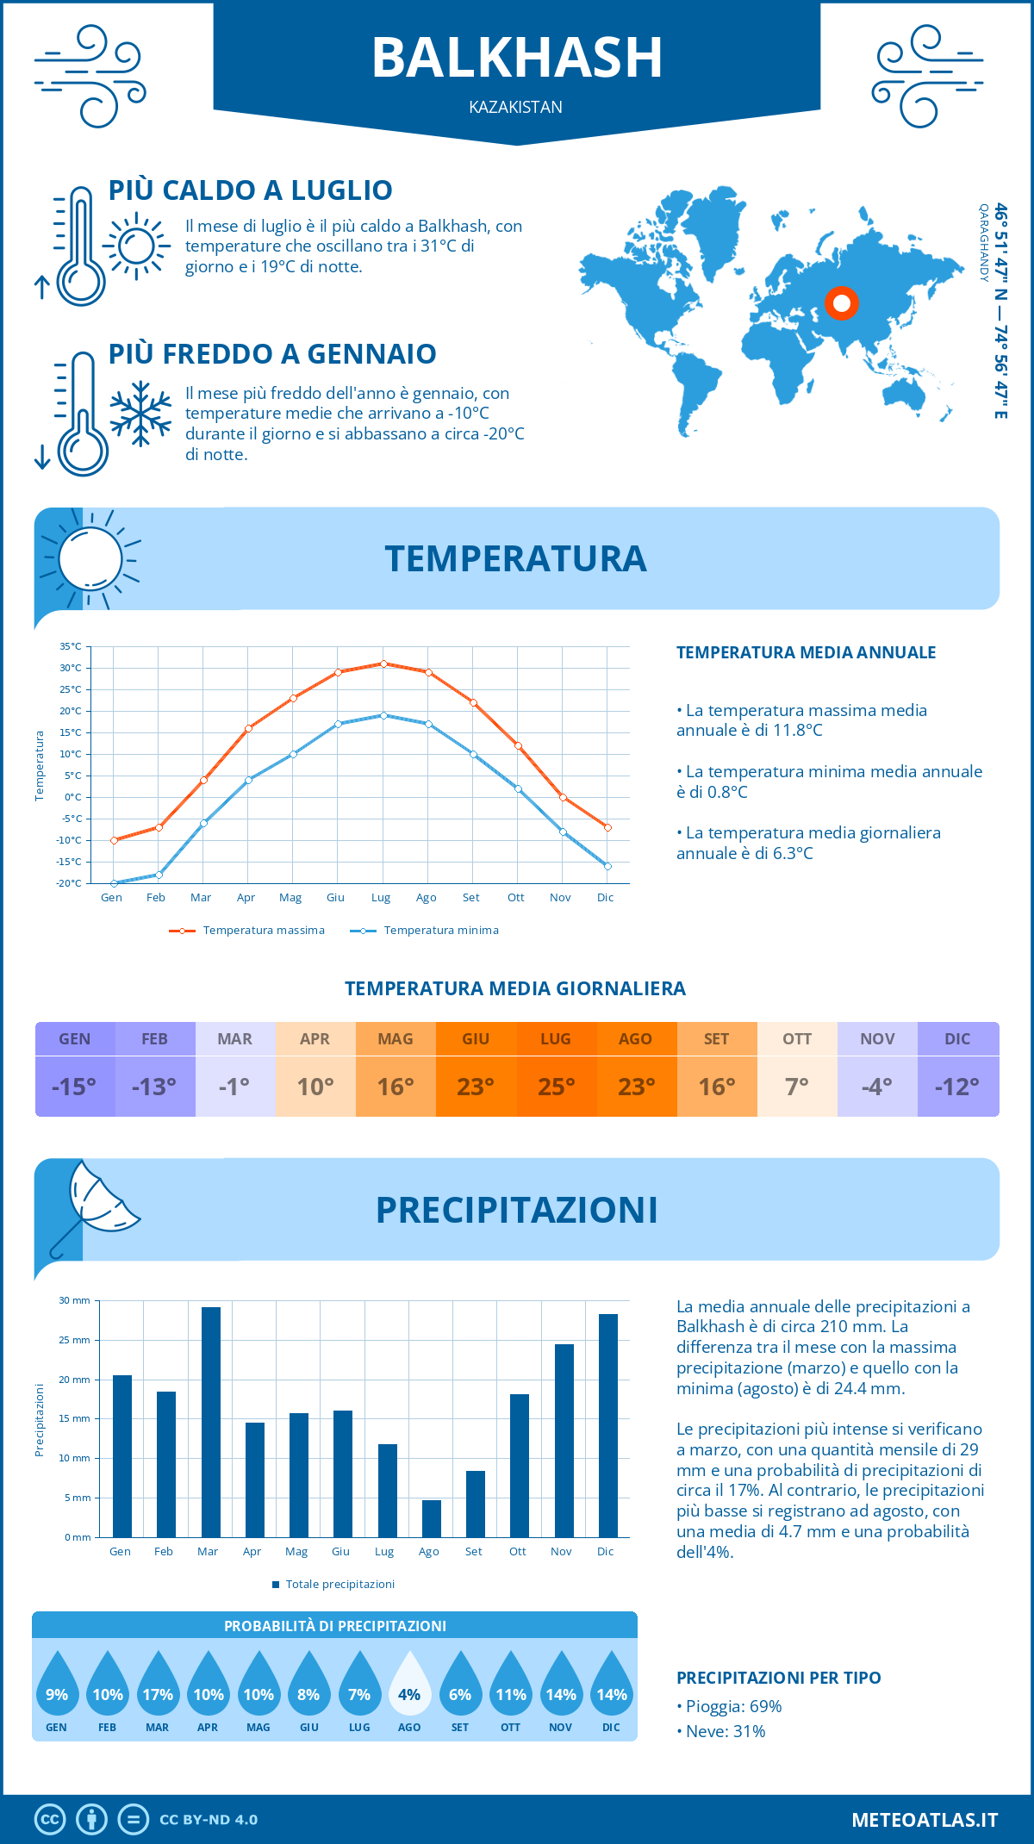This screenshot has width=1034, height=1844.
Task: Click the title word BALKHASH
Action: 517,59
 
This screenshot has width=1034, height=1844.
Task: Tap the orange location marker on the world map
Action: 842,302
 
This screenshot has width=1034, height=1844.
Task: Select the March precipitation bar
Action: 211,1422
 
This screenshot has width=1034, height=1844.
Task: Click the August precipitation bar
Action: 431,1518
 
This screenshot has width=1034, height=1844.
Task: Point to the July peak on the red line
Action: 383,663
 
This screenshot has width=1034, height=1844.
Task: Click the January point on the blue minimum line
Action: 114,883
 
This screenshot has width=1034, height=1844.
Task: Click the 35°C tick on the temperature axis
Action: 71,646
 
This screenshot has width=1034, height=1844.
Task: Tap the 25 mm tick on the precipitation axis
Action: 75,1340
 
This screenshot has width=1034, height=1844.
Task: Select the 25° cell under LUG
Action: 556,1087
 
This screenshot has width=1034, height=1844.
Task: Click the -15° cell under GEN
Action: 74,1087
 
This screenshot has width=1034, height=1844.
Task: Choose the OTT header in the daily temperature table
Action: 797,1039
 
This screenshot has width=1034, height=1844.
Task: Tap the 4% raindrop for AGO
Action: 409,1687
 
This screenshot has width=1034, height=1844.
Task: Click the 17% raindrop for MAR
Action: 158,1687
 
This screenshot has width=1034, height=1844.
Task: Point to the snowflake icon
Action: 140,414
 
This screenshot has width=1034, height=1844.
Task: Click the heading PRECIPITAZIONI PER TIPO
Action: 778,1678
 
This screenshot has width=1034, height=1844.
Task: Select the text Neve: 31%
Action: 725,1731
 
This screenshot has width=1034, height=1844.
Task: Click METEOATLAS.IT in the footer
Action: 924,1820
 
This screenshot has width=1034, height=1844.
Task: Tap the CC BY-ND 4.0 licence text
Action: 209,1820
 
